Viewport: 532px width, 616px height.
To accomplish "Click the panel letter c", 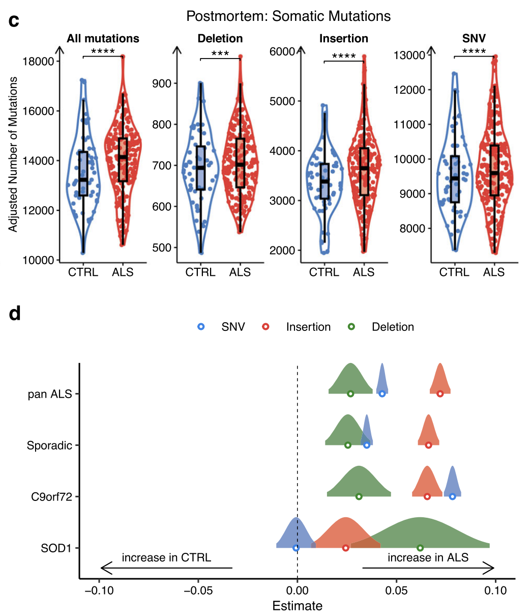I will pyautogui.click(x=14, y=21).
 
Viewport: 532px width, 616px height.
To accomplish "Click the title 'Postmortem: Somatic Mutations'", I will pyautogui.click(x=288, y=16).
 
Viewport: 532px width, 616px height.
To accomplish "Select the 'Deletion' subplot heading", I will pyautogui.click(x=220, y=39).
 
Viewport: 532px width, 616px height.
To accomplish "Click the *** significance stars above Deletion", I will pyautogui.click(x=220, y=53).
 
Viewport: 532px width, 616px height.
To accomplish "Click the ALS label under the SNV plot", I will pyautogui.click(x=494, y=272).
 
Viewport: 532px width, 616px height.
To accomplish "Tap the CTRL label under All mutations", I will pyautogui.click(x=83, y=272).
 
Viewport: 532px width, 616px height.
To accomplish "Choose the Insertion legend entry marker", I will pyautogui.click(x=265, y=327).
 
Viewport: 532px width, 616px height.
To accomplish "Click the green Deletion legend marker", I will pyautogui.click(x=351, y=327).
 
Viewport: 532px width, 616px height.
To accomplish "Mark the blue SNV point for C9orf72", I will pyautogui.click(x=452, y=496).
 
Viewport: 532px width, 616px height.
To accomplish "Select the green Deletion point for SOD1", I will pyautogui.click(x=420, y=548).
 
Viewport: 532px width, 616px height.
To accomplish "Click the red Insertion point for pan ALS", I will pyautogui.click(x=440, y=394).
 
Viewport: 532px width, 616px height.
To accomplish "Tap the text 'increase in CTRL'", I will pyautogui.click(x=166, y=557).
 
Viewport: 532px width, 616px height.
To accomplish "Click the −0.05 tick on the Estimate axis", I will pyautogui.click(x=198, y=591).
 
